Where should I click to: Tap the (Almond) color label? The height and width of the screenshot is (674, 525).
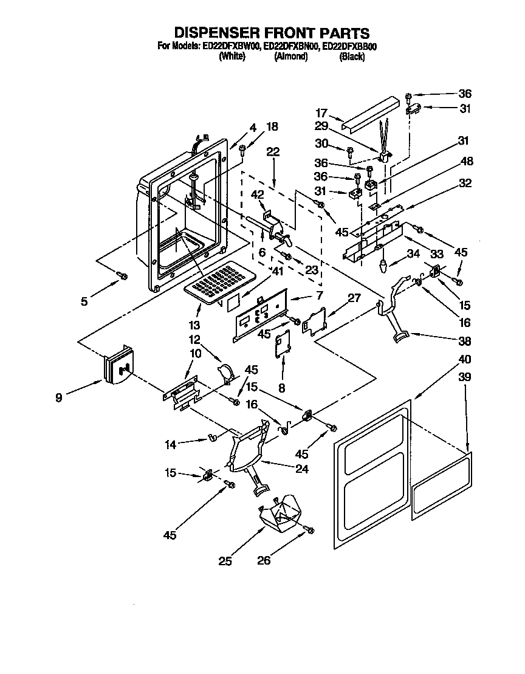click(290, 57)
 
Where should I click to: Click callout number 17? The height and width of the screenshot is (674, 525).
click(322, 112)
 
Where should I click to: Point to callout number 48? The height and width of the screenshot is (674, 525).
click(467, 162)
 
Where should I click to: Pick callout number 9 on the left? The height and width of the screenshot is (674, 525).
click(58, 399)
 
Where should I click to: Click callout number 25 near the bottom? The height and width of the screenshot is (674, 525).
click(225, 561)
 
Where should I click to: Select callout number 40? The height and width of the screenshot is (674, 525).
click(465, 359)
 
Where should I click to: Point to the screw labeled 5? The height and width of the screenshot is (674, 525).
click(123, 277)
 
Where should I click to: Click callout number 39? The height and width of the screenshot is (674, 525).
click(465, 377)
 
